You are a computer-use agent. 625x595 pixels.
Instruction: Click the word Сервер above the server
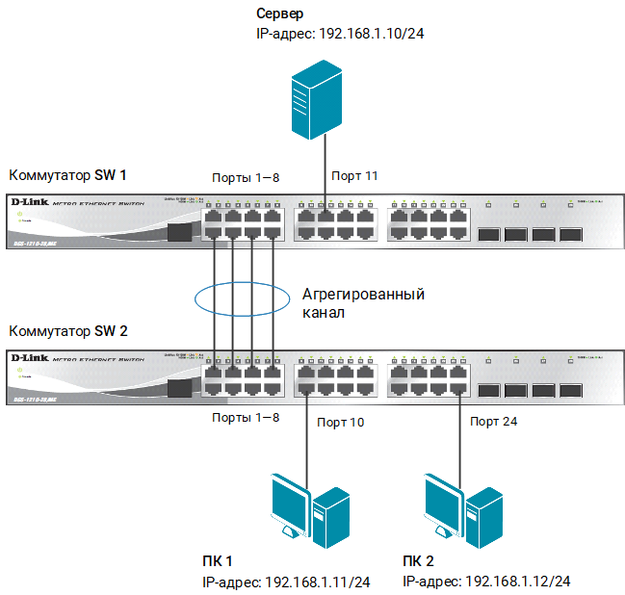click(x=280, y=14)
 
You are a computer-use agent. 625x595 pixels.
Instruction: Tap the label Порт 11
click(x=354, y=176)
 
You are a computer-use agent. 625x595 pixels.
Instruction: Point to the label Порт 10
click(x=341, y=422)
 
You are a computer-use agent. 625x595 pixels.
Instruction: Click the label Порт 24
click(x=495, y=422)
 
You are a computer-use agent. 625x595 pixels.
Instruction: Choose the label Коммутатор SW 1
click(x=67, y=175)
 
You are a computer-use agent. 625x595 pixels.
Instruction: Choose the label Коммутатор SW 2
click(x=67, y=330)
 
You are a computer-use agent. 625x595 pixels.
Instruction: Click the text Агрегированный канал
click(x=362, y=303)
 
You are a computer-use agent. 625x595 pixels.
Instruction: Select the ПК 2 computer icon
click(x=464, y=510)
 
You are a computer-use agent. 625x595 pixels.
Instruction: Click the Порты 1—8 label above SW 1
click(x=246, y=176)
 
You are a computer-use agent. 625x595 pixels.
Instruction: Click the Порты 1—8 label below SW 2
click(x=246, y=419)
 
